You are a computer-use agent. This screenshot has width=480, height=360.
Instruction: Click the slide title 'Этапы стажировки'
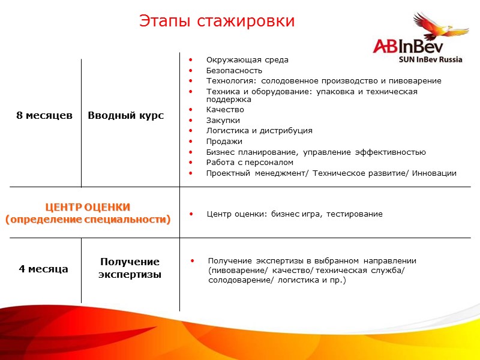point(217,21)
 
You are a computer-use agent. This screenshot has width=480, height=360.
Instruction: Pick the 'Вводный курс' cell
point(126,115)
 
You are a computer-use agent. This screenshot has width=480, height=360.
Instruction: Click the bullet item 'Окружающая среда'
point(247,60)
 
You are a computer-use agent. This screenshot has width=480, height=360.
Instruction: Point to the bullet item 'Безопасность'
point(234,70)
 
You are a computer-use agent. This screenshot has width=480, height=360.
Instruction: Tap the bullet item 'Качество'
point(225,110)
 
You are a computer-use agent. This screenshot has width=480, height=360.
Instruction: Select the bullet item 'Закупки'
point(223,120)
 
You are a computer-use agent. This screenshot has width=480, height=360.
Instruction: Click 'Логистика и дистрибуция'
point(259,130)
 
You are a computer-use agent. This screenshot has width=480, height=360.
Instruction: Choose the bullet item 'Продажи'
point(224,141)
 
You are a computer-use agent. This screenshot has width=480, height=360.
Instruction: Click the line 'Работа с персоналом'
point(250,162)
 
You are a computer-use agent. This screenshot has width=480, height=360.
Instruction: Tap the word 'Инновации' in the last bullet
point(434,173)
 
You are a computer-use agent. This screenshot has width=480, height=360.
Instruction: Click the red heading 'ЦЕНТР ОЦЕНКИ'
point(88,207)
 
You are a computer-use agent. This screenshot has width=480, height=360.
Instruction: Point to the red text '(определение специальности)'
point(88,220)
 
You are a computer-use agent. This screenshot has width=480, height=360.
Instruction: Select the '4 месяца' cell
point(43,269)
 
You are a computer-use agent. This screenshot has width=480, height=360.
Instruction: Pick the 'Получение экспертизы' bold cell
point(130,268)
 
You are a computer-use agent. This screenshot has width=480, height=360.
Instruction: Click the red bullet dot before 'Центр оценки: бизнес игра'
point(191,214)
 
